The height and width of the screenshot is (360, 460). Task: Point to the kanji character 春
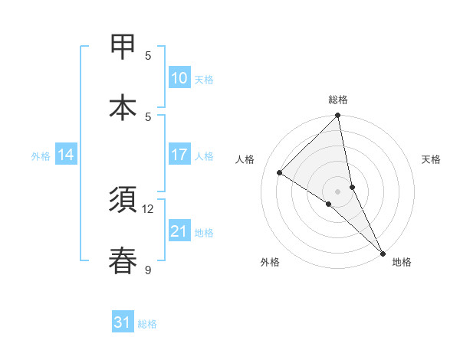(123, 261)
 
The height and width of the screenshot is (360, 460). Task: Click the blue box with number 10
(179, 78)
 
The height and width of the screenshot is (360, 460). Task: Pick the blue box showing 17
(179, 155)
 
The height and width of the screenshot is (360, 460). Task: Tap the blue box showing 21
(179, 231)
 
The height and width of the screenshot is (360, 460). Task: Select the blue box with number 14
(66, 155)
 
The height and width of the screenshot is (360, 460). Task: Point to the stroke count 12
(148, 208)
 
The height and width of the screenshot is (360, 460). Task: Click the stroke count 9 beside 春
(148, 270)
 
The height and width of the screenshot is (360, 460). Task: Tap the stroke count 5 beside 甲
(148, 55)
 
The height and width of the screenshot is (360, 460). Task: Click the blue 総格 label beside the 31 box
(147, 324)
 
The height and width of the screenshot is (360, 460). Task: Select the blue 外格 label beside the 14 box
(41, 156)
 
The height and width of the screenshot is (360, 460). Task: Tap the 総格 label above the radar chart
(338, 100)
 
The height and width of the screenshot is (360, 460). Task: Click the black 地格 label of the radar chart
(402, 262)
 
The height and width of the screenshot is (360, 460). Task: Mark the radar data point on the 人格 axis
(279, 173)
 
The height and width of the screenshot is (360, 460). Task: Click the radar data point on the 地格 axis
(383, 253)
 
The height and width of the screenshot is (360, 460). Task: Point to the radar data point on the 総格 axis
(338, 116)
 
